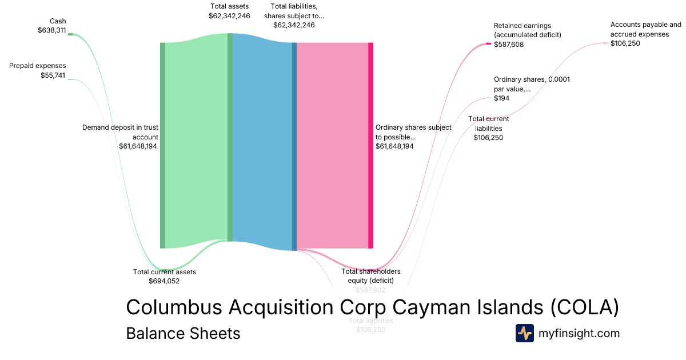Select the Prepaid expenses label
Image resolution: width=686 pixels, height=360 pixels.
point(38,66)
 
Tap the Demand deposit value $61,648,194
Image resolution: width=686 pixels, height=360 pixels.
point(138,146)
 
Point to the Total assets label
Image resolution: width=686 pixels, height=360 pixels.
point(229,6)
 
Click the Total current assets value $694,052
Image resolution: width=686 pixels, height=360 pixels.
point(164,281)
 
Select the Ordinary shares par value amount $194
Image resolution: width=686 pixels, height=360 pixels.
point(501,98)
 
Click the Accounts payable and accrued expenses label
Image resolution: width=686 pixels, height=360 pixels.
point(646,29)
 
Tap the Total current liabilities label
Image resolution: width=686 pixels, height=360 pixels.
point(489,123)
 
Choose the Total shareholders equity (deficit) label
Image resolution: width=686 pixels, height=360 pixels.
point(371,275)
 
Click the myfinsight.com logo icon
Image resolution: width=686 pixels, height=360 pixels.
point(524,333)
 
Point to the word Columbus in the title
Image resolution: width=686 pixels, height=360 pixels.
point(174,307)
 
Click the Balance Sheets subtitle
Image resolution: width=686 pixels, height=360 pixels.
point(183,333)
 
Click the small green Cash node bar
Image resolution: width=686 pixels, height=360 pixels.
point(70,34)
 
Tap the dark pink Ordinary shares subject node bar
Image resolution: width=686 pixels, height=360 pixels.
point(370,145)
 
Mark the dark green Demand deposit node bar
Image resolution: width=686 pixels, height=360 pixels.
point(162,145)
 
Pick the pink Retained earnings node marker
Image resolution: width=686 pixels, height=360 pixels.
point(488,44)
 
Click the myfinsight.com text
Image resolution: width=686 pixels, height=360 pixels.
point(579,333)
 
